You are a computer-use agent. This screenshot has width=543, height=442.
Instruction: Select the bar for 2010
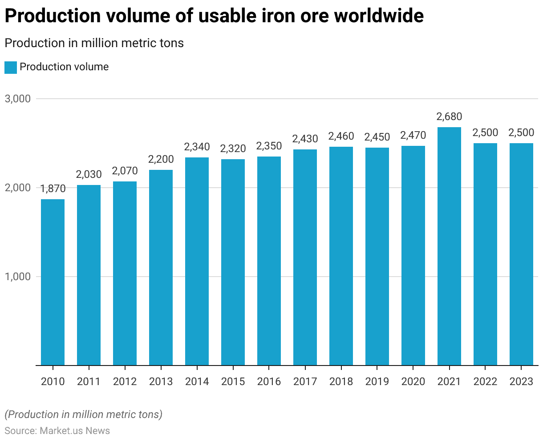[53, 282]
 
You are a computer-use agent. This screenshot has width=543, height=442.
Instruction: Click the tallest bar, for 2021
[449, 246]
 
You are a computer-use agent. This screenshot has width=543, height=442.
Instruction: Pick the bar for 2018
[341, 256]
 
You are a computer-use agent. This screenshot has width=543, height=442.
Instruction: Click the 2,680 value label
[449, 117]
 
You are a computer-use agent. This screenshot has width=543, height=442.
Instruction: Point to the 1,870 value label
[53, 189]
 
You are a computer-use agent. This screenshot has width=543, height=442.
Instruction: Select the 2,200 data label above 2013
[161, 159]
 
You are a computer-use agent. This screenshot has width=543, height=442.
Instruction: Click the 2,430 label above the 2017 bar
[305, 139]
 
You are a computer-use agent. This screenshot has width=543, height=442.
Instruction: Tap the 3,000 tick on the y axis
[18, 99]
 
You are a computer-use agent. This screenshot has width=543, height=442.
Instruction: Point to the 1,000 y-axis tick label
[18, 277]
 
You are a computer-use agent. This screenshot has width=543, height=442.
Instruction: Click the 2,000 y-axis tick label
[18, 188]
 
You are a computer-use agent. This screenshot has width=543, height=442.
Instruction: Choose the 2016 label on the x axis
[269, 382]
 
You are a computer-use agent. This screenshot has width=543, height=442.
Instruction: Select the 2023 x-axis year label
[521, 382]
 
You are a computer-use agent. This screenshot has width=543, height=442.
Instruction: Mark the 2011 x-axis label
[89, 382]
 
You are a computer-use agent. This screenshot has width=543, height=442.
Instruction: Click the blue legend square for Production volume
[11, 67]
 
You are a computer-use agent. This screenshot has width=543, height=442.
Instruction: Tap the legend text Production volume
[64, 67]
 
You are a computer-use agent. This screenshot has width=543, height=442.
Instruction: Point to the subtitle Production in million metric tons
[94, 43]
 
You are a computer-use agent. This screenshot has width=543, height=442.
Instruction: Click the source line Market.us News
[57, 431]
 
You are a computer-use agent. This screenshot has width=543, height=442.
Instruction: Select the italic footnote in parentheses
[83, 414]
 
